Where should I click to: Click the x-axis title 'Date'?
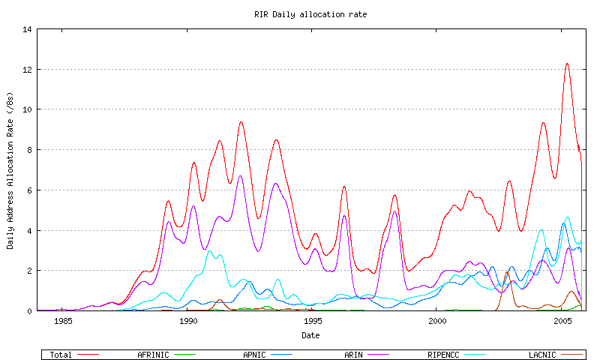point(310,334)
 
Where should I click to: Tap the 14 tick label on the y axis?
point(28,30)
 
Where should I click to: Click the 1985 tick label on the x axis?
point(63,321)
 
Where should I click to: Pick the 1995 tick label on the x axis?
point(313,321)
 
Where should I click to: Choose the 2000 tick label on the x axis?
point(438,321)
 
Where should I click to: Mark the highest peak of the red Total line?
point(567,64)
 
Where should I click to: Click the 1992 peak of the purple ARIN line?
point(240,176)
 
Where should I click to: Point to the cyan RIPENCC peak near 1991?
point(210,250)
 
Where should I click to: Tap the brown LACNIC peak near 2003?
point(508,272)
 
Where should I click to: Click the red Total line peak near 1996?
point(343,187)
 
